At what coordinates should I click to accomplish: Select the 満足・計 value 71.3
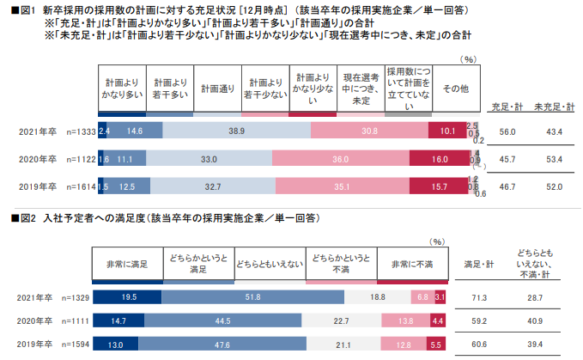[x=476, y=296]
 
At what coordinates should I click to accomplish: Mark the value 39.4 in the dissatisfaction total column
[x=536, y=344]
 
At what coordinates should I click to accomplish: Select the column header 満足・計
[x=477, y=264]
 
